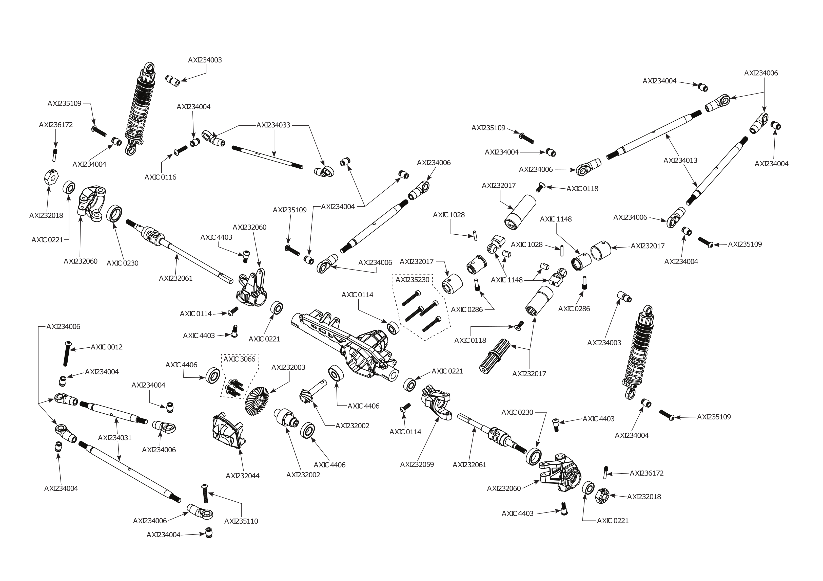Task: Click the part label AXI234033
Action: [x=273, y=125]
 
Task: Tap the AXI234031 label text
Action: [x=115, y=438]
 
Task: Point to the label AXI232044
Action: [x=242, y=476]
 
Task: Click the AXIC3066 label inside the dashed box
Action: [x=240, y=359]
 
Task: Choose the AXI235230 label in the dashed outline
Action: [x=412, y=280]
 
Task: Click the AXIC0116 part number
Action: [x=160, y=177]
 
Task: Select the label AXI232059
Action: [x=417, y=465]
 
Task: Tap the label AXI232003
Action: [x=288, y=367]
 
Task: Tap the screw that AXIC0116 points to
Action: [x=180, y=150]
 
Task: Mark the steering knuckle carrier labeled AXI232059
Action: [x=437, y=402]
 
